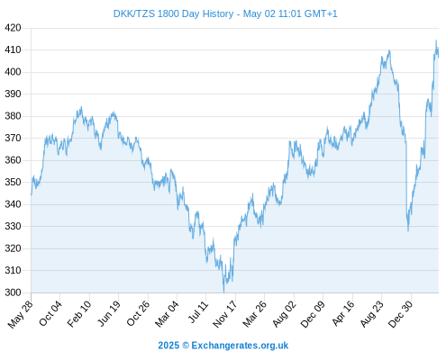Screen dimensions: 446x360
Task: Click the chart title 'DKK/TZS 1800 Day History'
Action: (x=173, y=13)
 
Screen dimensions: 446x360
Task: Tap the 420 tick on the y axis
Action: (x=13, y=28)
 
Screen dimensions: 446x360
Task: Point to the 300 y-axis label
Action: (x=13, y=292)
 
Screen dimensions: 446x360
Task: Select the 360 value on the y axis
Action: (x=13, y=160)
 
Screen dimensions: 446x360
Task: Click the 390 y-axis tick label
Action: (x=13, y=94)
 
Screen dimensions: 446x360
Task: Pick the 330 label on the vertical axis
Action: (x=13, y=226)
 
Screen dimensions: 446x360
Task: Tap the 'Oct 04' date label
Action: (x=50, y=313)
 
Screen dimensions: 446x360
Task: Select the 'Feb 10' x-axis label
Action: (x=79, y=314)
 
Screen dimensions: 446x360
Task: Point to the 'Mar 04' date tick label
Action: (x=167, y=314)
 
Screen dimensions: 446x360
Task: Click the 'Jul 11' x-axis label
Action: (x=198, y=312)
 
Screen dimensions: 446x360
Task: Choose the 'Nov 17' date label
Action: (x=225, y=314)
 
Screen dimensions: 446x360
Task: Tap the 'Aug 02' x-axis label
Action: (x=284, y=314)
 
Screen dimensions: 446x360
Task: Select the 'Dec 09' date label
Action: (x=313, y=314)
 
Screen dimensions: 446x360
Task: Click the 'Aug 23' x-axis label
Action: (x=372, y=314)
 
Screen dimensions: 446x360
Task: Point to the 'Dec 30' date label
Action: (x=401, y=314)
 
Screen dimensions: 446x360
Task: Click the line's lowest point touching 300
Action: (x=223, y=292)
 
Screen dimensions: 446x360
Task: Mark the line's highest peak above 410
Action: (x=436, y=40)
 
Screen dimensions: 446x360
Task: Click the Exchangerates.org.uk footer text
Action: (x=240, y=346)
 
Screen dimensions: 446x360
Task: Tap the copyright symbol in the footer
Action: (x=186, y=346)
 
